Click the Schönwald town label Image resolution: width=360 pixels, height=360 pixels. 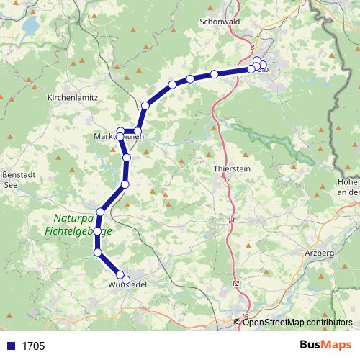(x=219, y=22)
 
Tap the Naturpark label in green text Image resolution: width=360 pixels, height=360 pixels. (x=71, y=218)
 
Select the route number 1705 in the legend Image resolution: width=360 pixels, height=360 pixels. (x=33, y=346)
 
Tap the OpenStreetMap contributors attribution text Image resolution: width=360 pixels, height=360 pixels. (x=298, y=323)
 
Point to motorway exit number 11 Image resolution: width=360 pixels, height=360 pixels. (x=230, y=220)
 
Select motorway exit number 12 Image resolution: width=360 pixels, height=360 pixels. (x=235, y=284)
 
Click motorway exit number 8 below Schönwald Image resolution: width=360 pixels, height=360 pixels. (x=253, y=47)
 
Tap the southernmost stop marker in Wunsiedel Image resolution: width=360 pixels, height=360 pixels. (x=126, y=279)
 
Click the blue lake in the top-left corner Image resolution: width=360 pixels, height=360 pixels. (x=30, y=27)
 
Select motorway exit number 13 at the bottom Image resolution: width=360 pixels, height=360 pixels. (x=246, y=316)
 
